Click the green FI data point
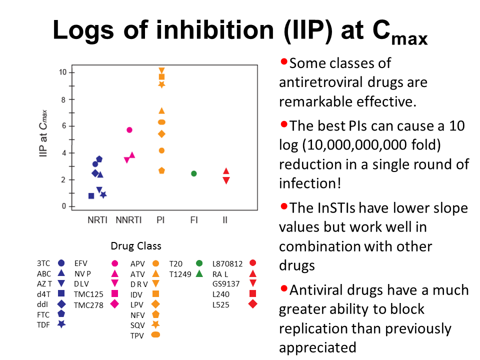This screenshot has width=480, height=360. pos(194,173)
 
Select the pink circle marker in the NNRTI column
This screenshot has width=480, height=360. pos(129,130)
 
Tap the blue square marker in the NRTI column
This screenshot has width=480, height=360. pos(91,196)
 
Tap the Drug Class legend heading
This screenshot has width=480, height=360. pos(136,246)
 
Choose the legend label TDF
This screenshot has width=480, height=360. pos(44,324)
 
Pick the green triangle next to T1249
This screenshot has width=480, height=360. pos(199,273)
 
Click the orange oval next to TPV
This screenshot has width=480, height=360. pos(155,335)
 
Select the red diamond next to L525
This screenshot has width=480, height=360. pos(252,304)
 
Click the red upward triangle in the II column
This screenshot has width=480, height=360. pos(226,171)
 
